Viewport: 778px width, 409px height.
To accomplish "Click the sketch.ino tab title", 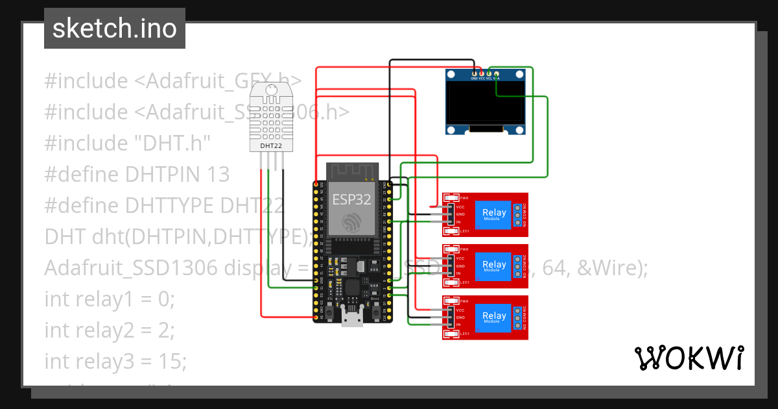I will click(114, 29).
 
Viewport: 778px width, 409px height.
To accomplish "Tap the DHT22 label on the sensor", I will click(270, 146).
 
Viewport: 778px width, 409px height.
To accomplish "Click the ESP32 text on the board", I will click(351, 199).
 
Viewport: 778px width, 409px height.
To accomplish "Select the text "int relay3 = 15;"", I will click(115, 360).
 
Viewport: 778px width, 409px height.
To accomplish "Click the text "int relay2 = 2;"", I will click(110, 330).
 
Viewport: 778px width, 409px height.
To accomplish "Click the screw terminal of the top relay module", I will click(517, 215).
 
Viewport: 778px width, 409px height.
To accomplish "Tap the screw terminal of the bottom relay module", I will click(517, 317).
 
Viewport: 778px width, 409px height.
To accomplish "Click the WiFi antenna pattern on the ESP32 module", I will click(351, 171).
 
